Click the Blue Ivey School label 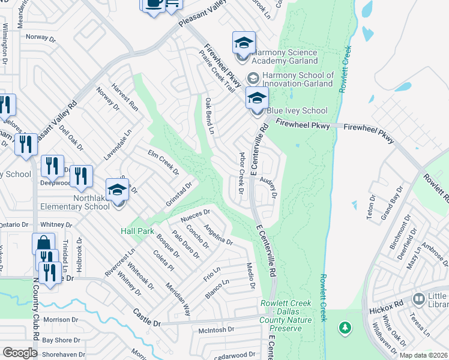click(x=298, y=110)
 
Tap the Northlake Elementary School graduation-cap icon click(x=117, y=190)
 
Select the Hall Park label click(x=137, y=231)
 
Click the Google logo click(x=20, y=353)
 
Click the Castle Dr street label click(x=147, y=318)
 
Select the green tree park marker click(x=345, y=328)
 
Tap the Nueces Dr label click(x=199, y=214)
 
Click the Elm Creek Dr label click(x=163, y=162)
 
